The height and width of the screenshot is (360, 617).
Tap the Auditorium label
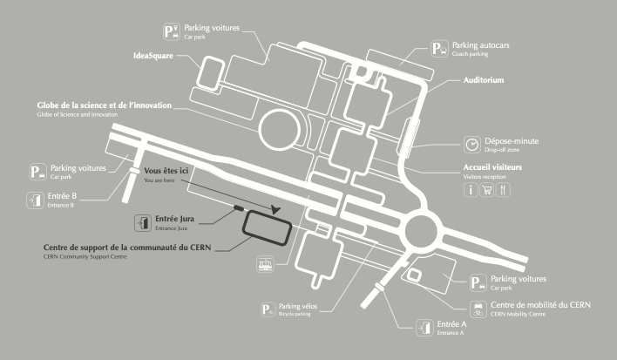[483, 80]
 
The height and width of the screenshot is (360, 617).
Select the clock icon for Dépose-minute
[471, 144]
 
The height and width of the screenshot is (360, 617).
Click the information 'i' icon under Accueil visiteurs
[471, 190]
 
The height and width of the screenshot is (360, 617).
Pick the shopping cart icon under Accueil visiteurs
[487, 190]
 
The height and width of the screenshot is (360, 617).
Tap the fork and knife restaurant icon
[504, 190]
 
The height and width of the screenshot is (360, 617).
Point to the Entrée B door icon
[36, 200]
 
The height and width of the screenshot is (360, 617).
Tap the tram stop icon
[265, 264]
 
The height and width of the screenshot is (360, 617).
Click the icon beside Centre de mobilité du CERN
[478, 309]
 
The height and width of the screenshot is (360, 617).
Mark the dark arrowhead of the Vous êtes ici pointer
[276, 208]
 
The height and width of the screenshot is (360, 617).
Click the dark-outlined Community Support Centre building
[268, 227]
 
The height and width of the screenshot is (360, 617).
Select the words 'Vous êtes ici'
[166, 172]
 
